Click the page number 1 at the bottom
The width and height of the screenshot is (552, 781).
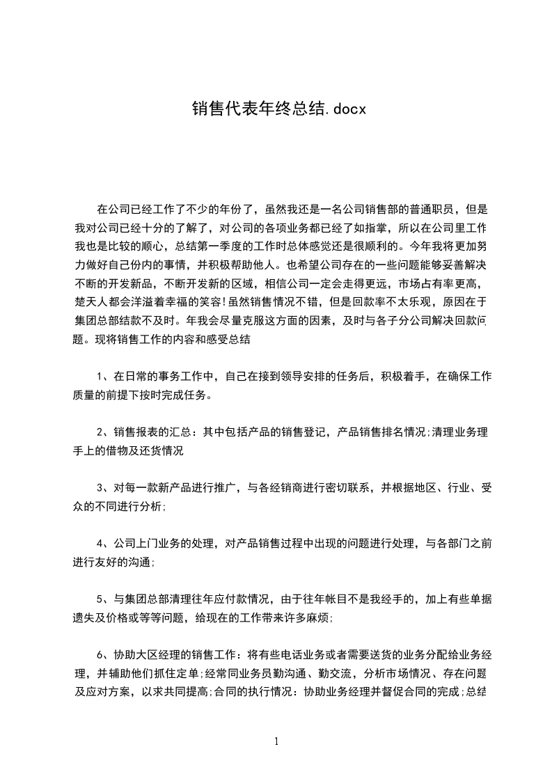pos(276,741)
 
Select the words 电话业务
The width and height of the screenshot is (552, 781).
pos(303,654)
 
